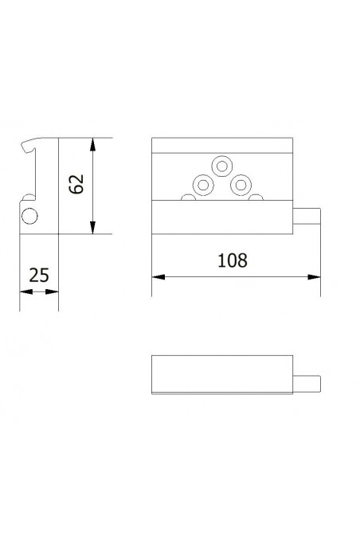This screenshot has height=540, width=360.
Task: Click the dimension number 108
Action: pos(231,260)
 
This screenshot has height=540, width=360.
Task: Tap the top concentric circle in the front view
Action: pos(221,166)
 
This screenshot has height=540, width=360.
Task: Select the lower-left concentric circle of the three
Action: pos(203,186)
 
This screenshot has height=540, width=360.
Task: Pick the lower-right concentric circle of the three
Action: pos(238,186)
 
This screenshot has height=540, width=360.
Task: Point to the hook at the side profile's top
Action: pos(29,147)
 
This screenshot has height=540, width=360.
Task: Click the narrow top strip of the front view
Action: pos(221,146)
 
